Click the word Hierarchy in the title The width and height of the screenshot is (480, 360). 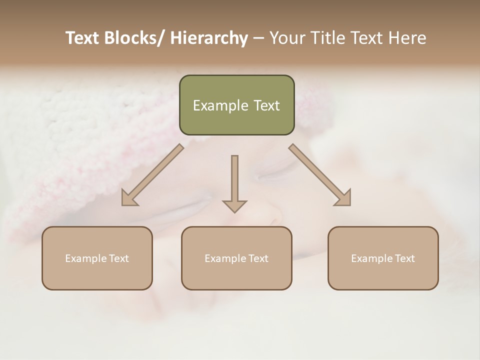pyautogui.click(x=208, y=38)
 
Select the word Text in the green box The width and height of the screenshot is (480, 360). pyautogui.click(x=266, y=105)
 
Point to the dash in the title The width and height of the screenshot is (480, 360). pyautogui.click(x=258, y=38)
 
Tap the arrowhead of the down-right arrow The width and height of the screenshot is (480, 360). pyautogui.click(x=344, y=199)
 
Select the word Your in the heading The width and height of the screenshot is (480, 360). pyautogui.click(x=285, y=38)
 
